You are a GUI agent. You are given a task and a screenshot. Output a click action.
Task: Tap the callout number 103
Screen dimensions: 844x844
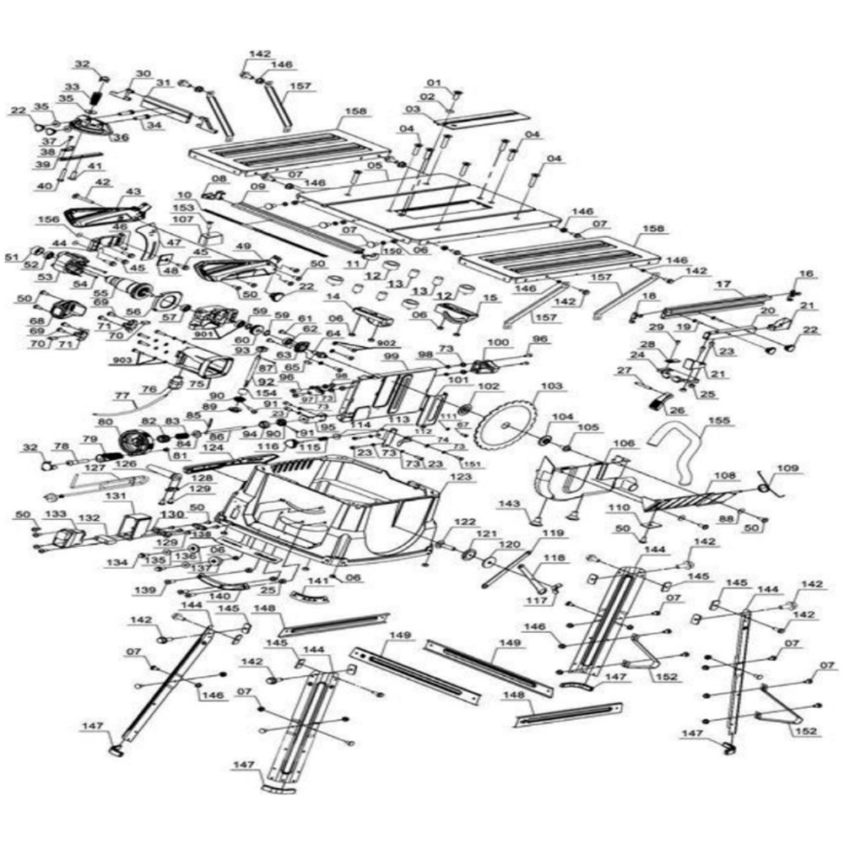click(x=551, y=386)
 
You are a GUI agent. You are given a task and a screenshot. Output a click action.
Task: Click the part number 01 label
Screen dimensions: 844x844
click(x=435, y=83)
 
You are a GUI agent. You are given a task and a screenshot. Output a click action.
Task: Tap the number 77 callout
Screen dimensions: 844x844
click(x=122, y=394)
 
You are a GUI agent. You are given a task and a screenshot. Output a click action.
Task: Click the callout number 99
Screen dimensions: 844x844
click(x=391, y=358)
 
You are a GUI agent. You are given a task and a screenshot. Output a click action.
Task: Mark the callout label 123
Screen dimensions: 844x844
click(x=460, y=478)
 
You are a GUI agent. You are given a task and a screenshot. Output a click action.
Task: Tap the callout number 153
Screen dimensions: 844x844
click(x=183, y=207)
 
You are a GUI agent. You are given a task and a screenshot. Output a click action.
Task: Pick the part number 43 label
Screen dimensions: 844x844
click(x=131, y=192)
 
